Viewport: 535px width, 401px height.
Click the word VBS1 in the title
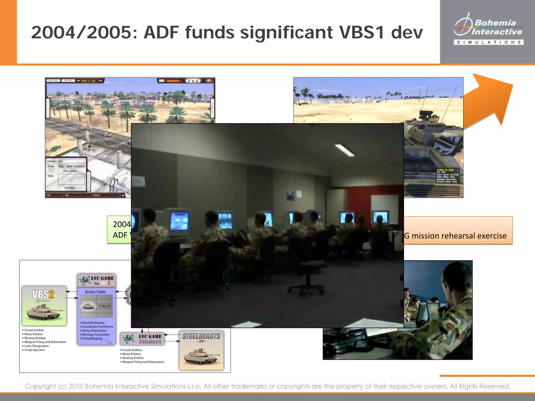click(x=362, y=33)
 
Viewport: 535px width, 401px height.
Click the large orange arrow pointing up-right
click(x=489, y=102)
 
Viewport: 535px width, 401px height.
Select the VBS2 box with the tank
click(x=44, y=305)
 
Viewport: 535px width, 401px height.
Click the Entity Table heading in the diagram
click(x=95, y=292)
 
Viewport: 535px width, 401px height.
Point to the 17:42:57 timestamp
click(x=104, y=306)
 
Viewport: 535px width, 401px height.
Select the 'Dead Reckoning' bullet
click(x=93, y=323)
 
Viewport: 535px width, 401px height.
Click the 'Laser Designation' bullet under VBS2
click(x=36, y=346)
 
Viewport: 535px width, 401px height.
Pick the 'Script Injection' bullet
click(x=34, y=350)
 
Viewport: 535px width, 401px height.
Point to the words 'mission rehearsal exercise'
click(x=459, y=236)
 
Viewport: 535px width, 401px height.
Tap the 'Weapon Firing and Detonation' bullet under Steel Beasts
click(x=143, y=362)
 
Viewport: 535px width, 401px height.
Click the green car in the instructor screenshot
click(x=55, y=149)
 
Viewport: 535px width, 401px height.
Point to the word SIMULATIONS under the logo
click(x=489, y=42)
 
